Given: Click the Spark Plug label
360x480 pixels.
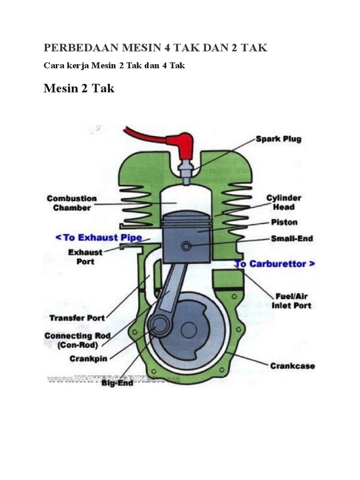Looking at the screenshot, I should (x=278, y=139).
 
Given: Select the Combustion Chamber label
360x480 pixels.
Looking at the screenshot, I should (x=71, y=203).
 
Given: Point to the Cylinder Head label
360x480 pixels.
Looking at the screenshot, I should (x=284, y=202).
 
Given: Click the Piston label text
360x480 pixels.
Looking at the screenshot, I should (x=284, y=222).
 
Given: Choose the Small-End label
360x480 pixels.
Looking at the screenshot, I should (x=292, y=239).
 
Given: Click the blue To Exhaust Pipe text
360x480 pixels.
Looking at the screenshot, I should (x=98, y=238).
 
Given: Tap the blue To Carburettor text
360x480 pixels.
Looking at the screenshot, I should (x=275, y=264).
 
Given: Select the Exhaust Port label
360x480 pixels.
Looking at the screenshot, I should (x=84, y=256).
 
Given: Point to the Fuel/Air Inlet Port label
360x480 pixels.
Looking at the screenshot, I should (x=291, y=301).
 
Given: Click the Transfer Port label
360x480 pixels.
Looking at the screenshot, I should (x=77, y=318).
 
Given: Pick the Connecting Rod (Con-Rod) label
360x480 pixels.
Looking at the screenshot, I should (x=77, y=340).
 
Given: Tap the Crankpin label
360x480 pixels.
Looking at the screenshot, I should (x=89, y=359).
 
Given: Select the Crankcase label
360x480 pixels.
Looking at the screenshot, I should (x=292, y=366).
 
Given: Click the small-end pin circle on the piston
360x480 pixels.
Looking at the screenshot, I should (x=187, y=247).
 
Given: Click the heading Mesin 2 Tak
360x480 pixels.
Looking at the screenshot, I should (x=79, y=88).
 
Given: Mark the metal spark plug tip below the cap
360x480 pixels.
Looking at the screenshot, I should (x=184, y=172).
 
